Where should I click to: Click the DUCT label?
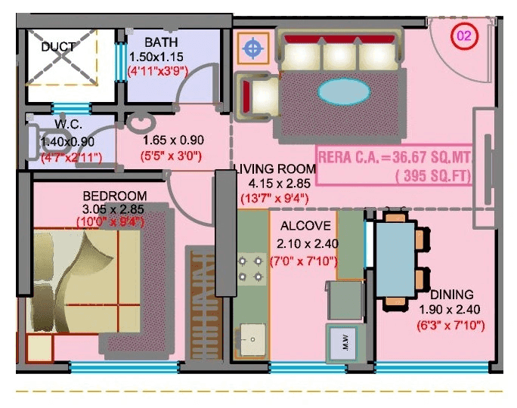coord(58,47)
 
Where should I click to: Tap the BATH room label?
coord(162,42)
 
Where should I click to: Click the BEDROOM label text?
coord(115,196)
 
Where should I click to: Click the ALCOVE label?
coord(305,226)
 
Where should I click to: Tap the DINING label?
coord(452,294)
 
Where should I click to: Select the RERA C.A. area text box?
coord(394,165)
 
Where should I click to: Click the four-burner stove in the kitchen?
coord(249,268)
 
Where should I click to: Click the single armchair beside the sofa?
coord(253,96)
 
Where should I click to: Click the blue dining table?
coord(395,257)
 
